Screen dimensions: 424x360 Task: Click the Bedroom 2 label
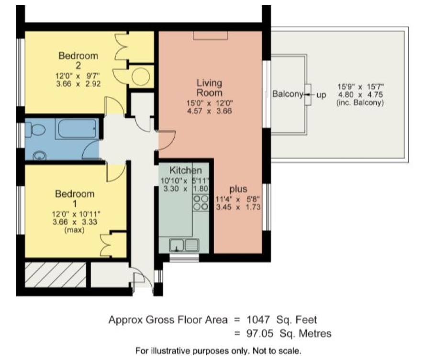[x=78, y=60]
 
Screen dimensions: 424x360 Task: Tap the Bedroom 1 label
[x=75, y=198]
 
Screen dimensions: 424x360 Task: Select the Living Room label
[x=209, y=88]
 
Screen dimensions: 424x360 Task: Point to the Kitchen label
[x=186, y=170]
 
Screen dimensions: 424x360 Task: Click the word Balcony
[x=288, y=94]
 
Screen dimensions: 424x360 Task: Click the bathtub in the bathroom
[x=77, y=129]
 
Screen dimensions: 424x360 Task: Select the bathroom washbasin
[x=39, y=156]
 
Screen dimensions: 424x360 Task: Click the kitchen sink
[x=184, y=245]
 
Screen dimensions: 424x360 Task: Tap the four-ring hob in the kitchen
[x=201, y=203]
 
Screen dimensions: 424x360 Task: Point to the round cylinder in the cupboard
[x=141, y=77]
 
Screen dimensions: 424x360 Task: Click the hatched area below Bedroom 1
[x=56, y=274]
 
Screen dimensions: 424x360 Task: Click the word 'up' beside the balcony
[x=321, y=95]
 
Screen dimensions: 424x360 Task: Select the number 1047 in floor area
[x=258, y=320]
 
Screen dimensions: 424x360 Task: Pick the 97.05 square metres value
[x=259, y=333]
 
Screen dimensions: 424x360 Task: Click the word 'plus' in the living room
[x=238, y=189]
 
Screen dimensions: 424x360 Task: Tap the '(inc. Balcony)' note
[x=360, y=103]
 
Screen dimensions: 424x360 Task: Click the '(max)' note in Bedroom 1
[x=74, y=230]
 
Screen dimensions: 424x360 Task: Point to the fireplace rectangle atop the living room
[x=210, y=35]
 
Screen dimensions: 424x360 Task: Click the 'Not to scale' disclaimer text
[x=277, y=351]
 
